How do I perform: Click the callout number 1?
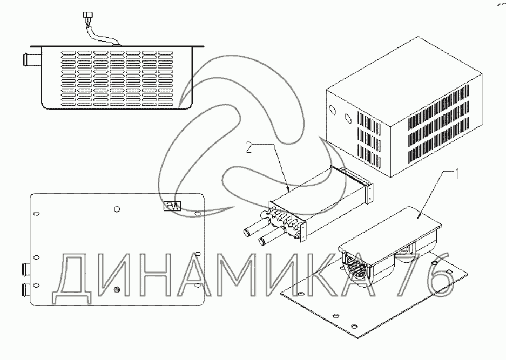coord(458,173)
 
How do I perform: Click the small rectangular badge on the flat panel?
coord(173,206)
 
